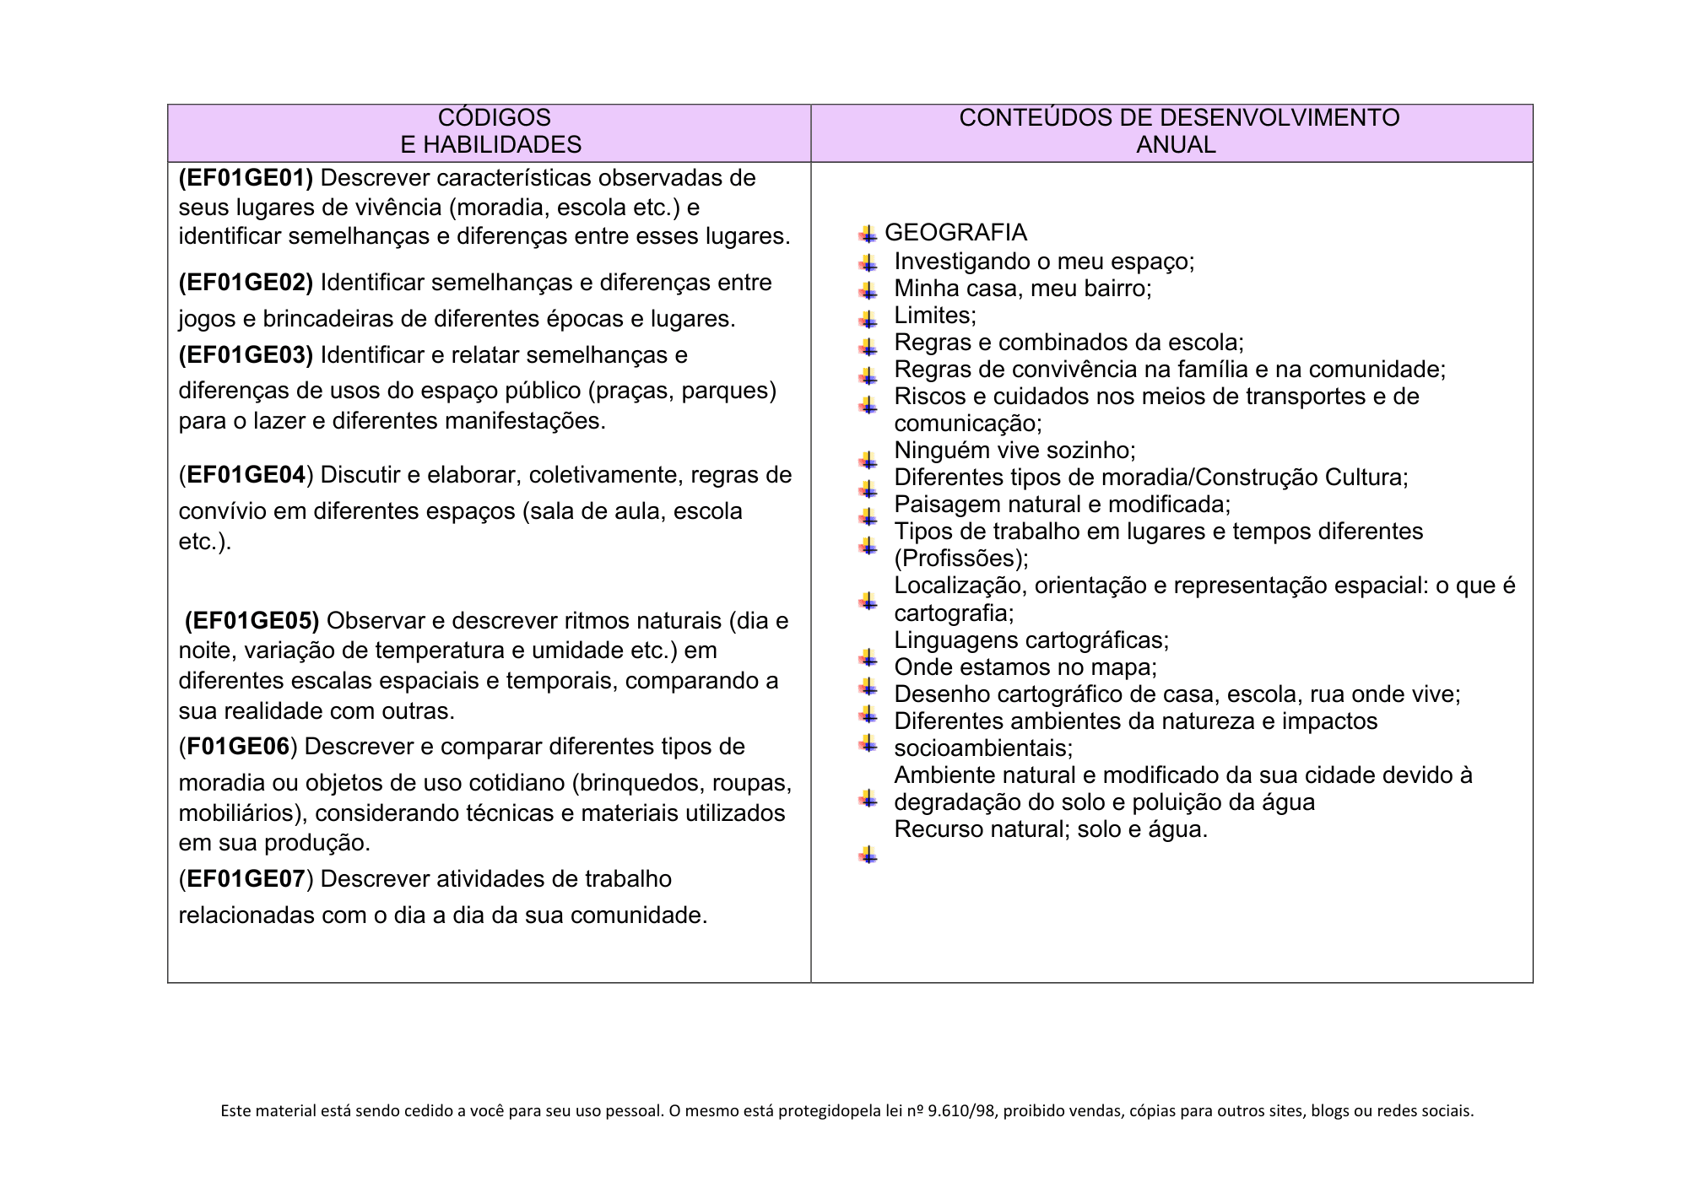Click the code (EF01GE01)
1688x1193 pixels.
[x=246, y=178]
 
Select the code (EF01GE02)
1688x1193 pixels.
[x=246, y=283]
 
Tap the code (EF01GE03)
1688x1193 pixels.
[x=246, y=355]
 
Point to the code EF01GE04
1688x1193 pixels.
[x=246, y=475]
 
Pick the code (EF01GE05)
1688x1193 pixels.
[x=252, y=621]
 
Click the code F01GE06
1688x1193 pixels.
[x=238, y=747]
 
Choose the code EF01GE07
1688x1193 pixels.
[x=246, y=879]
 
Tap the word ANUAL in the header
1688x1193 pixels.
[x=1176, y=145]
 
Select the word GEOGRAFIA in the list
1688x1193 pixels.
[x=955, y=233]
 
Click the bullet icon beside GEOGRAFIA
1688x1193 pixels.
[x=868, y=234]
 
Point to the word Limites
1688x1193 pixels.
[x=934, y=316]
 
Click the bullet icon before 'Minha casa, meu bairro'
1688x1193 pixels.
[x=868, y=291]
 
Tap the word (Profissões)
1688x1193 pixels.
[x=960, y=559]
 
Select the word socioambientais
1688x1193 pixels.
[x=982, y=748]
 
